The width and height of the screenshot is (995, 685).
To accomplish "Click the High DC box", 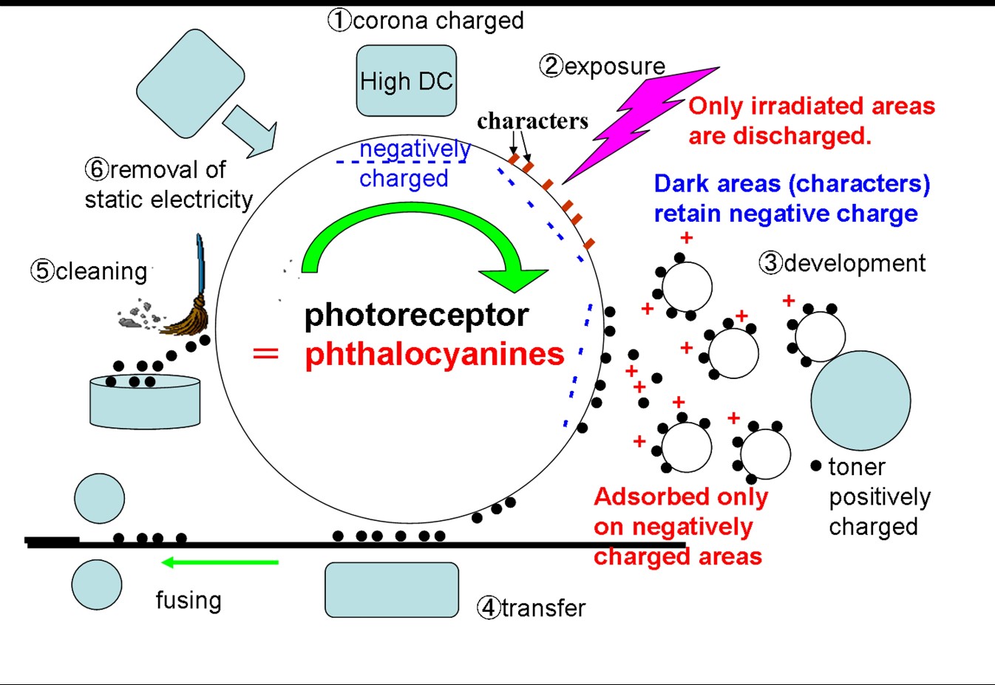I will (406, 81).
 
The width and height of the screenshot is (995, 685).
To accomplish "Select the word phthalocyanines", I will (435, 354).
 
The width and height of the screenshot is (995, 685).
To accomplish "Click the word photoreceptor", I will (416, 316).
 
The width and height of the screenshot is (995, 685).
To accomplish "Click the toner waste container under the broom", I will (145, 403).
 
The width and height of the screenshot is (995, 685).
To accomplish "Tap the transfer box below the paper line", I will (392, 590).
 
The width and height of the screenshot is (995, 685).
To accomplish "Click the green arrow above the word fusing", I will (220, 562).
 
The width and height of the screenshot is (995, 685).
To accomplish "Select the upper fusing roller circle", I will (99, 499).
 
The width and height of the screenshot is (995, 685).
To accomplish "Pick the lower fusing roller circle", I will (97, 585).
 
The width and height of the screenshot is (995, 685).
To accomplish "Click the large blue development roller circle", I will (860, 401).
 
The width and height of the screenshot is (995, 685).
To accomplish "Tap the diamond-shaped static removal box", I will (191, 83).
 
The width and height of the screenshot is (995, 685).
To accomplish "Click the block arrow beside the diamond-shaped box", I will (252, 130).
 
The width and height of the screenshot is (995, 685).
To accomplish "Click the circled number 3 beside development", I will (770, 263).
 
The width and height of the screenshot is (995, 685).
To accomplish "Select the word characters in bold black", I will (532, 120).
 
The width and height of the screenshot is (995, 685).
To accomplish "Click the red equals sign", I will (265, 354).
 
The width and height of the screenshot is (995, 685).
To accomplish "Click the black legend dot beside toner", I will (816, 466).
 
